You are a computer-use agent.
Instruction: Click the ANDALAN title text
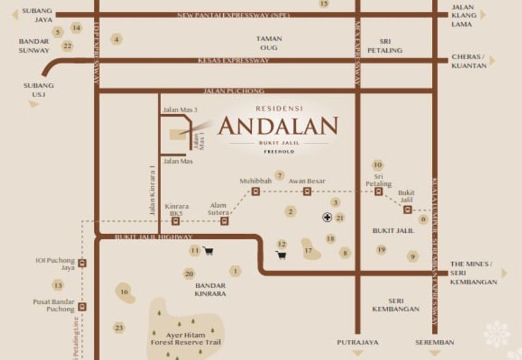pos(278,126)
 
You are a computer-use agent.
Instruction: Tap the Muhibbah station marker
pos(255,191)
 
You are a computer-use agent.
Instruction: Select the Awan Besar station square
pos(307,191)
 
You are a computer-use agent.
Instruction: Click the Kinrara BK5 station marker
pos(176,221)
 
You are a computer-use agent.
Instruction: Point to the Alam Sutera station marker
pos(224,221)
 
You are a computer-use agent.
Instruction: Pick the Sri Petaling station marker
pos(378,192)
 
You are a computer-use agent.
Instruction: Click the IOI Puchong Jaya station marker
pos(82,264)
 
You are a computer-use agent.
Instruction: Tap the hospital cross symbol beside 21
pos(328,217)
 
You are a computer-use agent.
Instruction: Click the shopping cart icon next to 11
pos(208,250)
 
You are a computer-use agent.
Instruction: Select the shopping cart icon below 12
pos(281,255)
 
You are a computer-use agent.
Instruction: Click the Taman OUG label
pos(269,43)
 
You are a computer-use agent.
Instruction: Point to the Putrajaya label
pos(357,342)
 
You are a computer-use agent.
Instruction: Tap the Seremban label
pos(435,342)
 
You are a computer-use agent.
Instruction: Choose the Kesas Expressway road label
pos(234,61)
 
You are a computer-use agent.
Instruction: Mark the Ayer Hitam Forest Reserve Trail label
pos(186,338)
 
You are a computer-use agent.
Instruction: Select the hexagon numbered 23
pos(119,327)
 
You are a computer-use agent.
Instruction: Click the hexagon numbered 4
pos(116,39)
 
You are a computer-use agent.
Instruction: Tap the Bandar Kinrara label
pos(210,290)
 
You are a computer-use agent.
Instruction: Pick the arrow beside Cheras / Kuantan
pos(492,61)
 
